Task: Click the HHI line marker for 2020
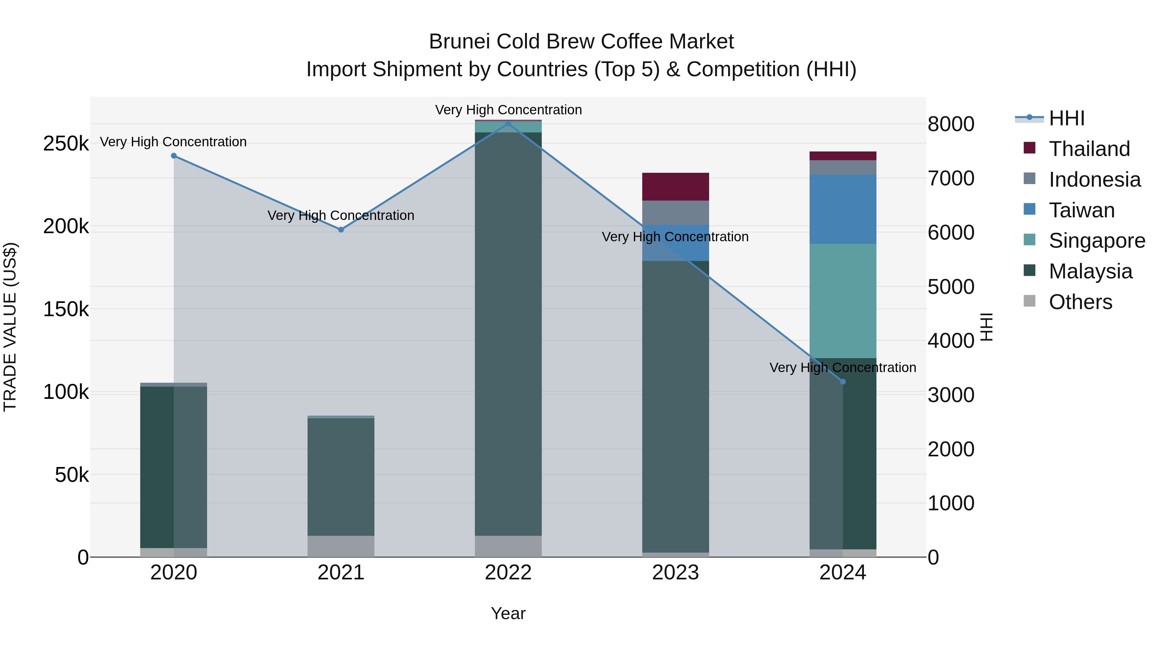click(x=174, y=156)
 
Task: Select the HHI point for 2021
click(x=341, y=230)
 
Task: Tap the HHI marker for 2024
click(x=843, y=382)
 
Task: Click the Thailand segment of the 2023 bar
click(x=676, y=186)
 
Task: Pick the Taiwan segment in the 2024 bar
click(x=843, y=209)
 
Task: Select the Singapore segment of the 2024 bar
click(x=843, y=301)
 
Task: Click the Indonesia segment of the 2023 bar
click(x=676, y=213)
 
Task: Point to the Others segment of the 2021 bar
click(x=341, y=546)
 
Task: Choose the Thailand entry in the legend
click(x=1089, y=149)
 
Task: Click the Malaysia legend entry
click(x=1090, y=271)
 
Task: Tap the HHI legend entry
click(x=1066, y=118)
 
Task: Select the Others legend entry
click(x=1080, y=302)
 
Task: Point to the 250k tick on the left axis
click(x=66, y=144)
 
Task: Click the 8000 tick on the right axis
click(x=951, y=124)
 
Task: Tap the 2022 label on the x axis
click(x=508, y=573)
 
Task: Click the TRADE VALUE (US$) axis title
click(x=10, y=327)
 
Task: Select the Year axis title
click(x=508, y=613)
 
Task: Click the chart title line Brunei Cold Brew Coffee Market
click(x=581, y=42)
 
